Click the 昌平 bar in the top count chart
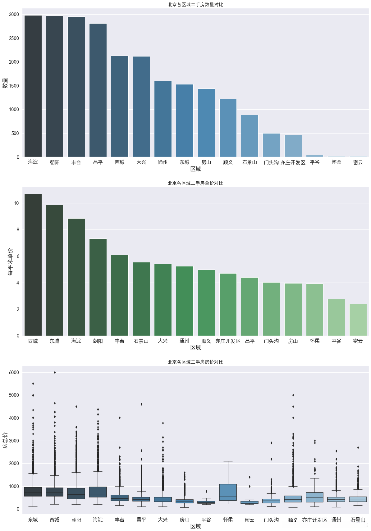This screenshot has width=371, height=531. coord(98,90)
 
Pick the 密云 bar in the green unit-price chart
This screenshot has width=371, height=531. coord(358,320)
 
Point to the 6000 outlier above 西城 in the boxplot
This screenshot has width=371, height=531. coord(55,372)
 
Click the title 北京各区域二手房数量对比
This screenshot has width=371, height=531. coord(195,5)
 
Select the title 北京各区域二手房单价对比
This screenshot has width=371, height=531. coord(195,183)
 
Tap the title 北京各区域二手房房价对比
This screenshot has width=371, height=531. coord(195,362)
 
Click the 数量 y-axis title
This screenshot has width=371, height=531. coord(5,83)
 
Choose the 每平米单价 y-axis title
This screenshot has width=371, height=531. coord(10,261)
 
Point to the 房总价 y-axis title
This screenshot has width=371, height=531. coord(5,440)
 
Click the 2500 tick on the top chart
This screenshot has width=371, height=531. coord(14,38)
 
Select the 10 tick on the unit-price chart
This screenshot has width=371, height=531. coord(16,203)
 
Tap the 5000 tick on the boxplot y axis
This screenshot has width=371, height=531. coord(14,395)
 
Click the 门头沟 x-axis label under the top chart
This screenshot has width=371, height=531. coord(271,162)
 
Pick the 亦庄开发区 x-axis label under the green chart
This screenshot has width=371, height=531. coord(228,341)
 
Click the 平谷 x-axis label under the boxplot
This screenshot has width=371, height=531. coord(206,520)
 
